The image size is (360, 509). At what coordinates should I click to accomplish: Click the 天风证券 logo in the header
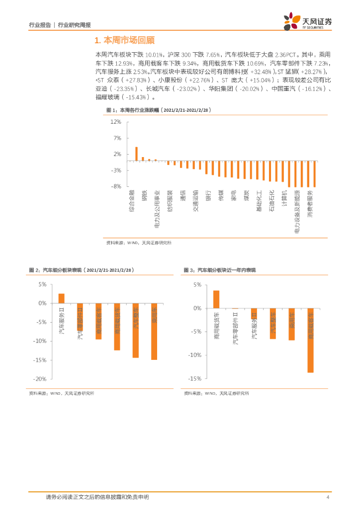(307, 21)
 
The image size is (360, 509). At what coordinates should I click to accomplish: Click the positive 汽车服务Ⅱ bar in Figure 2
(61, 298)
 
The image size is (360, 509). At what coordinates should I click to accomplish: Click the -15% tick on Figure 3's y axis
(194, 379)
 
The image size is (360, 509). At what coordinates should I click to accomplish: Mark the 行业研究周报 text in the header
(78, 25)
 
